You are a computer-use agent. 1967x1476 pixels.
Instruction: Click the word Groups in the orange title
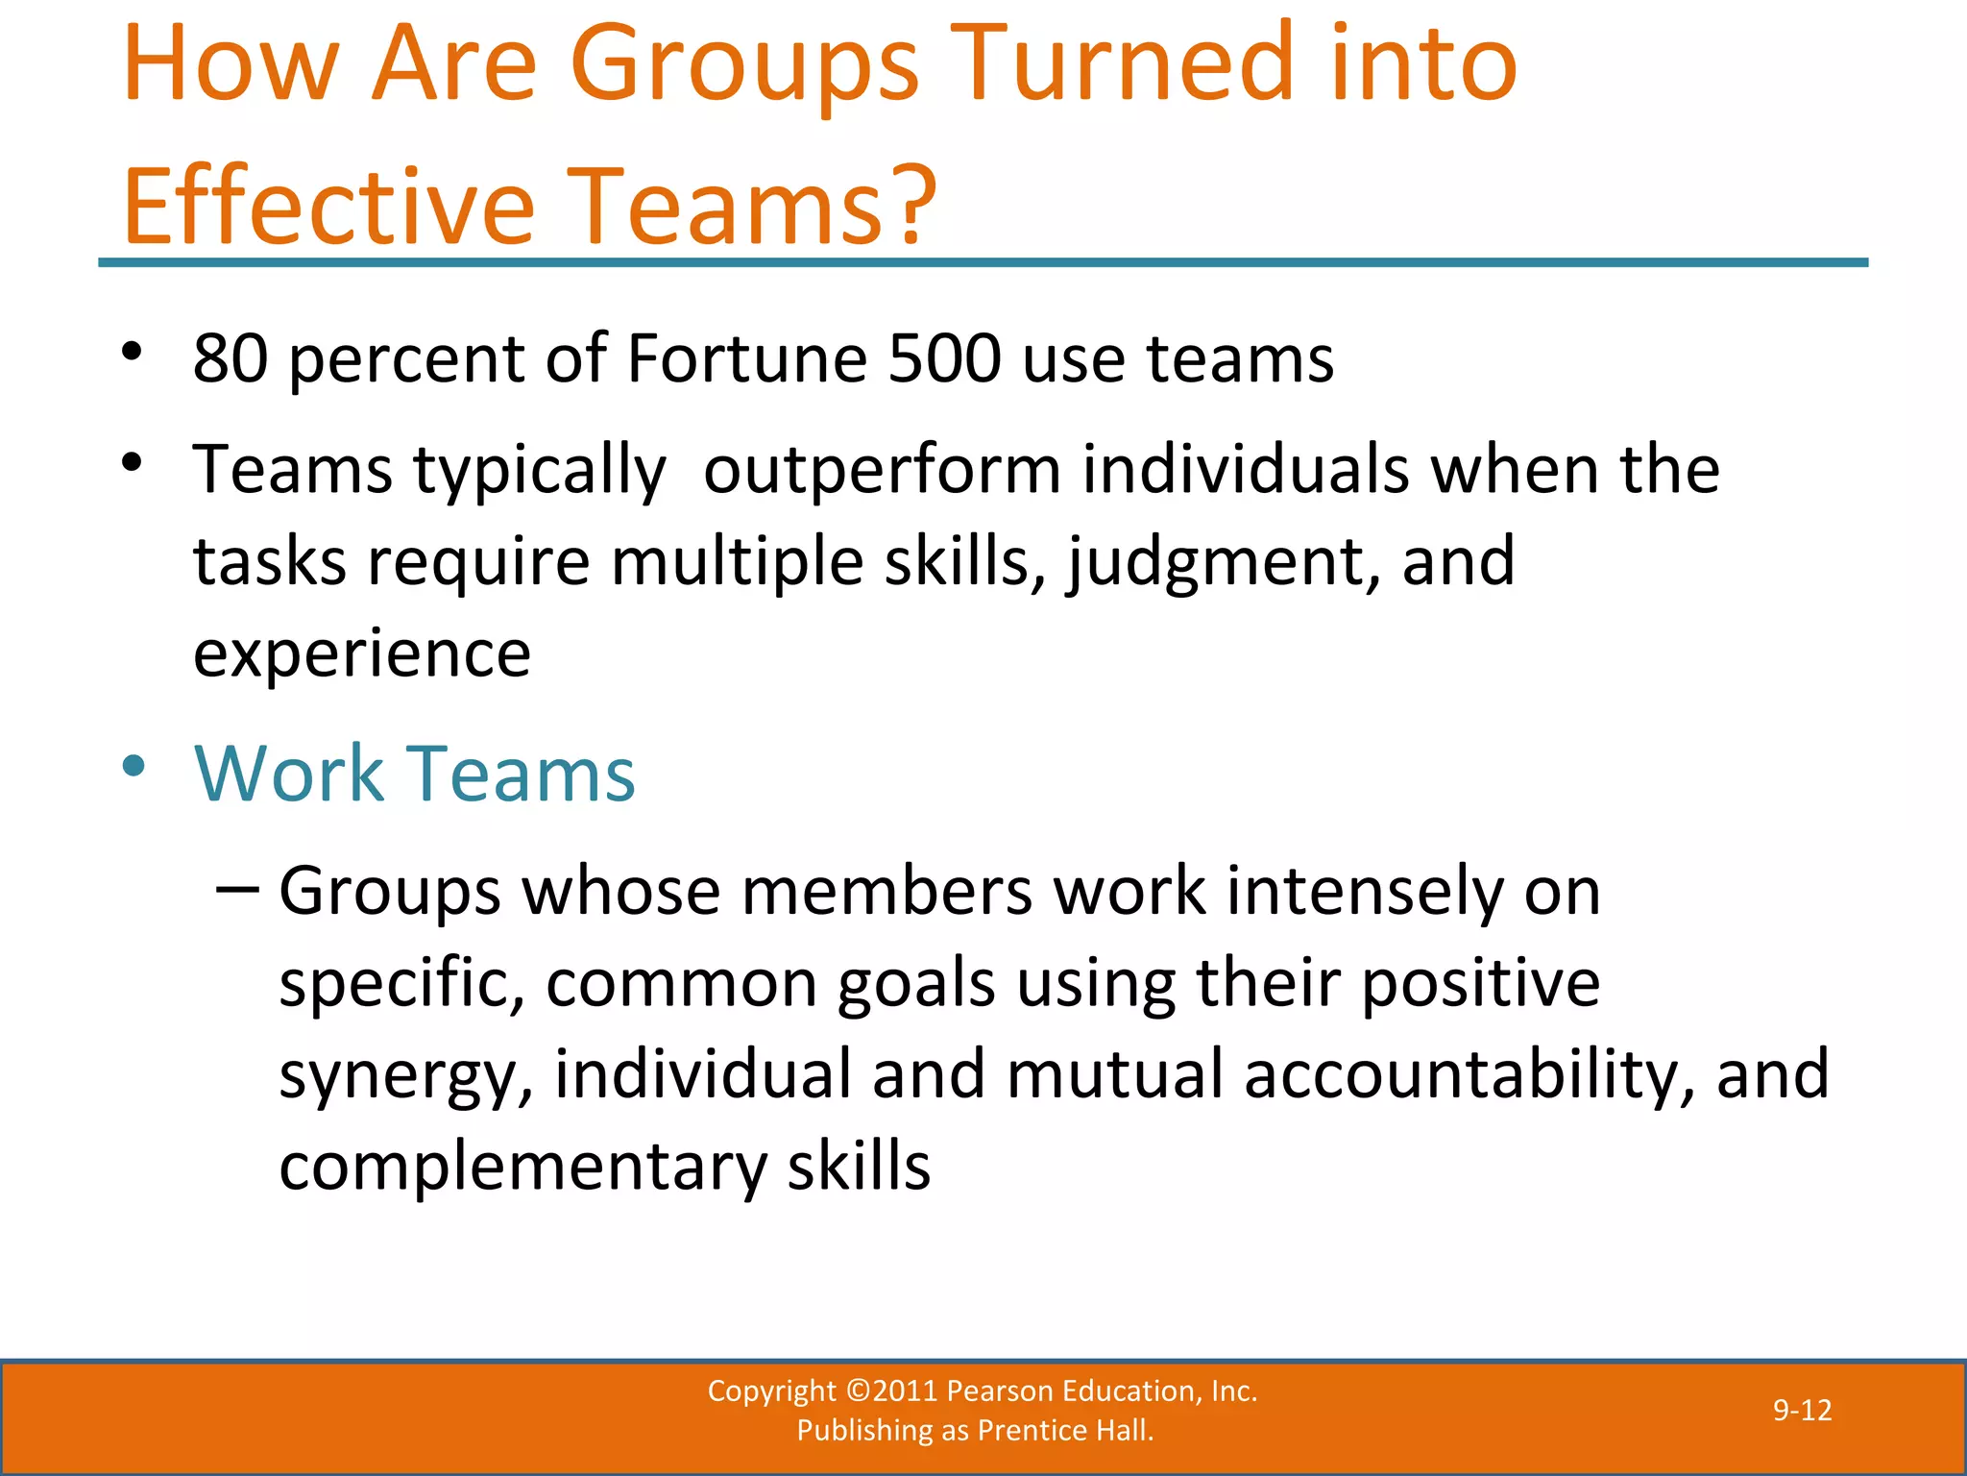pos(744,67)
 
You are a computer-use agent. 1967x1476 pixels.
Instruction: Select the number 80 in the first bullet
pos(231,358)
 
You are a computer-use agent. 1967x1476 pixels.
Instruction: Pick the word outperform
pos(882,471)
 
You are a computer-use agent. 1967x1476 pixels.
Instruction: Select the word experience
pos(362,655)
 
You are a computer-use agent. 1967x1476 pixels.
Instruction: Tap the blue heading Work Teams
pos(415,774)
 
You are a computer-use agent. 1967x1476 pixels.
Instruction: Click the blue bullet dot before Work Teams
pos(134,767)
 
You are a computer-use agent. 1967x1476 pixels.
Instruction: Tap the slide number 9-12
pos(1802,1411)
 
